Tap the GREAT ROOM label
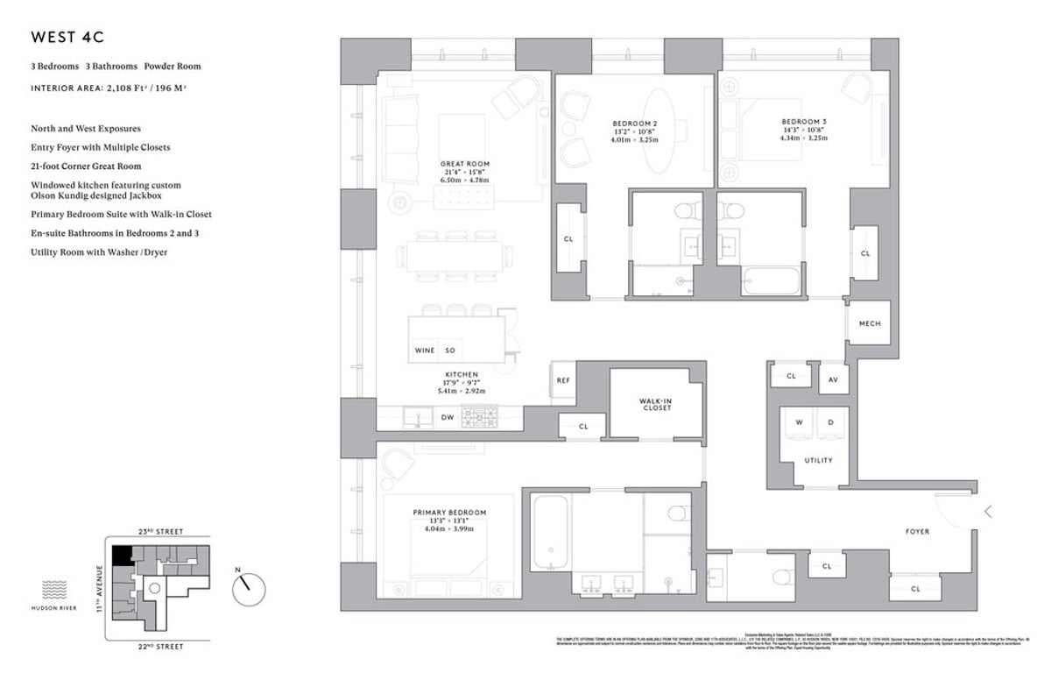click(x=465, y=164)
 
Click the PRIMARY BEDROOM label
click(x=449, y=513)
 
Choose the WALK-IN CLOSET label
click(x=655, y=403)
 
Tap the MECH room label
click(x=869, y=323)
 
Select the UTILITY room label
click(x=818, y=460)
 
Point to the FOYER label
click(x=917, y=531)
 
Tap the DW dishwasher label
click(x=447, y=418)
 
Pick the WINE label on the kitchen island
click(x=424, y=350)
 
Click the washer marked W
click(x=798, y=422)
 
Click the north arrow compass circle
click(x=249, y=588)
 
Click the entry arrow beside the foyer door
click(x=988, y=512)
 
